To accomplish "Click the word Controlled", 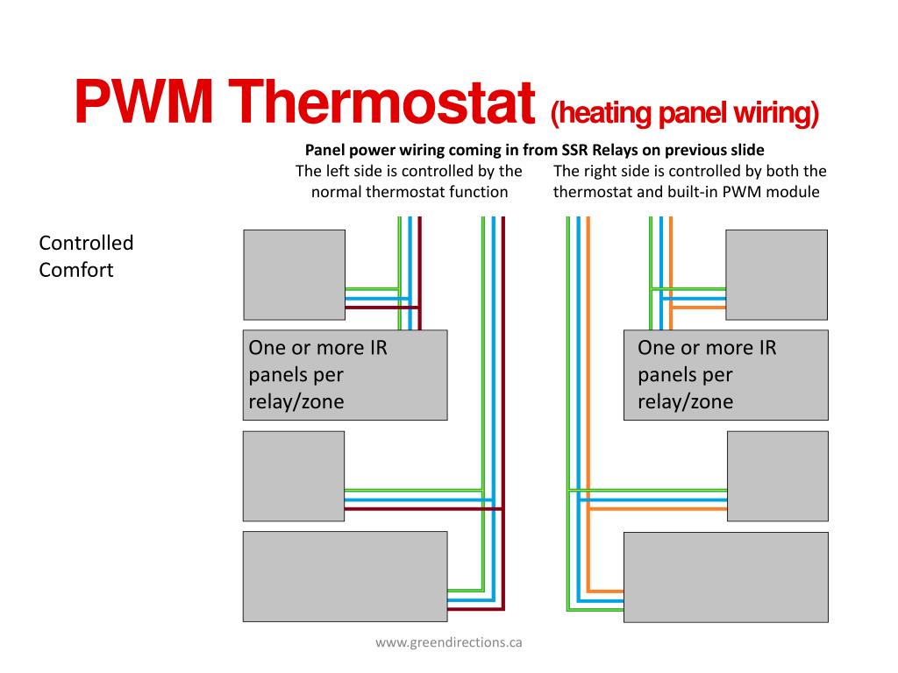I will click(x=86, y=243).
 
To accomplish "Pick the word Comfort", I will click(x=76, y=269).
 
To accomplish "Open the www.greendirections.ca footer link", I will click(x=449, y=642).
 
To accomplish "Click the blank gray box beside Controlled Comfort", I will click(x=294, y=274).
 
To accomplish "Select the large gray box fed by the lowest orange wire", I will click(x=725, y=577).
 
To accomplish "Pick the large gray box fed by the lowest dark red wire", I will click(x=345, y=577).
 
